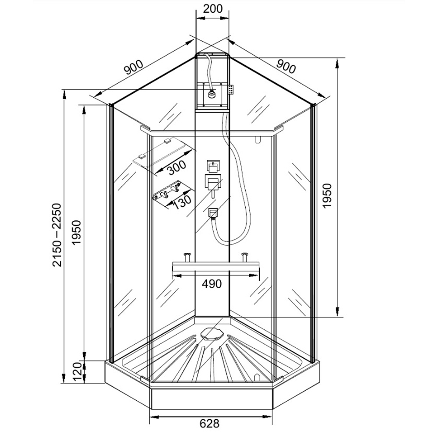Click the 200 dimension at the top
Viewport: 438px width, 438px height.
click(212, 9)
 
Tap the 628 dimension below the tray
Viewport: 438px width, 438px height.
click(209, 424)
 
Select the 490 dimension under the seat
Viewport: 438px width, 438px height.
click(212, 284)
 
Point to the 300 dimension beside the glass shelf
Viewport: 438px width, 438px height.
click(177, 167)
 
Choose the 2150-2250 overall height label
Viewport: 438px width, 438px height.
click(57, 235)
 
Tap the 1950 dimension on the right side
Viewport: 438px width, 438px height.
click(327, 195)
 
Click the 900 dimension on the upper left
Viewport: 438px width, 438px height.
click(134, 67)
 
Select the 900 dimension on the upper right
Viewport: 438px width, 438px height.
click(286, 67)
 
